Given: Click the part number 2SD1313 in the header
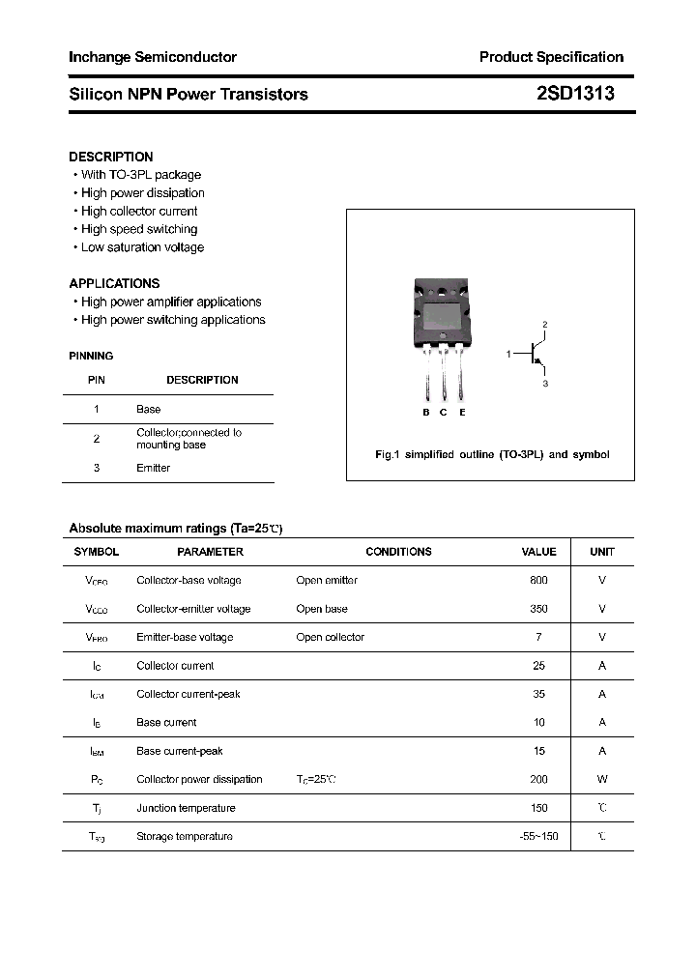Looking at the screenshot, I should [x=574, y=94].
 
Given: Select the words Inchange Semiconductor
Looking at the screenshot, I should [x=153, y=57].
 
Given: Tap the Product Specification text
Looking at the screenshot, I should [x=551, y=57].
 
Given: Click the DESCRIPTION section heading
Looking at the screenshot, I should [x=111, y=157].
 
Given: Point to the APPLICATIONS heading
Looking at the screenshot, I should [x=114, y=283].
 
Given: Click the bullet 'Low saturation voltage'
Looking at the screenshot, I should [x=142, y=247].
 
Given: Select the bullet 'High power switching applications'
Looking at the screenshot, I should [x=172, y=320].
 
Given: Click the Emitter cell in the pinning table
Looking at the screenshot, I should [x=153, y=468].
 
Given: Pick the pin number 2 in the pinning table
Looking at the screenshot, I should [x=97, y=439].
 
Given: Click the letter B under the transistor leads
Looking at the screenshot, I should [x=426, y=413].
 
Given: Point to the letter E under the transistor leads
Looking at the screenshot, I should [x=462, y=413].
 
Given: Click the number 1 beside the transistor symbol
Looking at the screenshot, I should [x=508, y=355].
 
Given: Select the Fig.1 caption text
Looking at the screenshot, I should [x=492, y=454].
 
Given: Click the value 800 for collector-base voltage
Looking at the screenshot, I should [x=538, y=580].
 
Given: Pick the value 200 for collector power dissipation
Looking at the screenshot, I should [x=538, y=779].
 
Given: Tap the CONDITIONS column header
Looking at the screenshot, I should [x=398, y=552].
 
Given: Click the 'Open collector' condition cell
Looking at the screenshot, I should [x=331, y=637].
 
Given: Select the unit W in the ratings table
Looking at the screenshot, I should [x=602, y=779].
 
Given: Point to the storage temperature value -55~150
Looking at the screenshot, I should [x=538, y=836].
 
